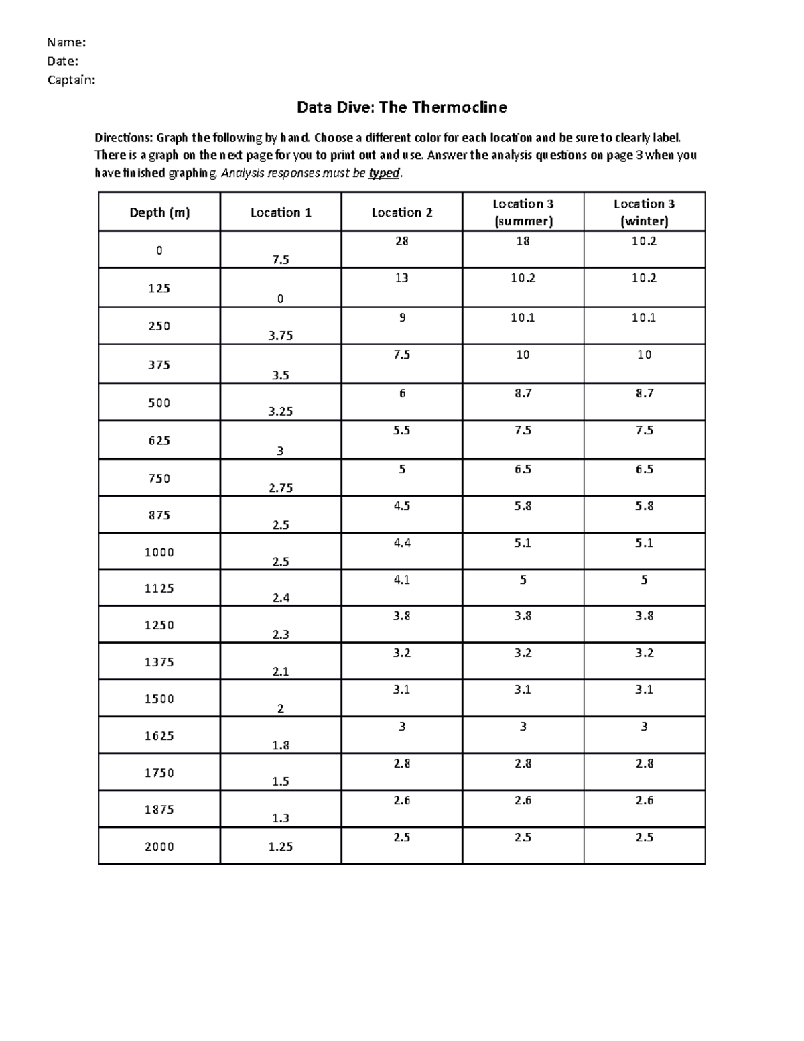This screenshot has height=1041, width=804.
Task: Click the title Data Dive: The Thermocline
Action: click(402, 107)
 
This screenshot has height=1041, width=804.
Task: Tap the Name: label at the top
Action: click(66, 43)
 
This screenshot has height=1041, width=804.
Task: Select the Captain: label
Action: click(71, 80)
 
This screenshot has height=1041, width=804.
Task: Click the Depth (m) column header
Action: click(159, 212)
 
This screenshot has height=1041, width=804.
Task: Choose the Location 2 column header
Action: click(402, 212)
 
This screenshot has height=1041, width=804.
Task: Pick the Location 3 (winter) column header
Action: click(644, 212)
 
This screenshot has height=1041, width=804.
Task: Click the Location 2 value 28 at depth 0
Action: click(402, 241)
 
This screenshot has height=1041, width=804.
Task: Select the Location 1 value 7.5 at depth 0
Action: click(281, 260)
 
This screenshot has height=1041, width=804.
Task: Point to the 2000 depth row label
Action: click(159, 847)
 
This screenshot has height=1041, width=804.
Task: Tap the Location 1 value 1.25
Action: click(281, 847)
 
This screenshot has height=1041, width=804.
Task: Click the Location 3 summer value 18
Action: click(523, 241)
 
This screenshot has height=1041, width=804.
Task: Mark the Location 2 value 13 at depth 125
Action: click(402, 278)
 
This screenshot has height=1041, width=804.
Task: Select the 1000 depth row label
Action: click(159, 552)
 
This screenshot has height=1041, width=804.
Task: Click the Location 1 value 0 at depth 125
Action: click(281, 299)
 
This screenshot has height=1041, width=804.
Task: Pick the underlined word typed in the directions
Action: click(384, 174)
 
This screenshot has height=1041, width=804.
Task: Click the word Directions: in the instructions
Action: click(123, 138)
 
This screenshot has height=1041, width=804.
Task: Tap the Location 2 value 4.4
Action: click(402, 543)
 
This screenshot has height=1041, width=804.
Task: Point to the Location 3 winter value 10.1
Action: click(644, 318)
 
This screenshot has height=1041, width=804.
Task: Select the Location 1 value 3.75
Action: click(281, 336)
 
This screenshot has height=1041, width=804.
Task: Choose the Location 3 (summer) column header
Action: click(523, 212)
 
